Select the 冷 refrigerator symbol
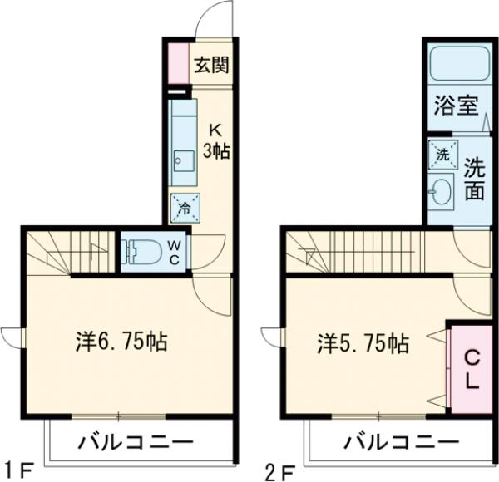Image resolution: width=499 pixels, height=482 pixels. point(181,208)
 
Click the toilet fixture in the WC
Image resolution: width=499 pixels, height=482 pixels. point(143,250)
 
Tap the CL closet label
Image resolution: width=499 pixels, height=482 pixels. point(471,371)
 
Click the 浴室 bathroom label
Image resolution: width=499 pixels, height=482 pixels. point(456,106)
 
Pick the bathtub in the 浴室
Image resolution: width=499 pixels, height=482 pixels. point(457,67)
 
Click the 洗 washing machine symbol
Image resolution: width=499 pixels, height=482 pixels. point(442,154)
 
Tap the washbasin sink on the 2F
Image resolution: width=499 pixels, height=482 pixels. point(441,194)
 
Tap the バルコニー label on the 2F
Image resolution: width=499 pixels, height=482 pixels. point(390,440)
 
